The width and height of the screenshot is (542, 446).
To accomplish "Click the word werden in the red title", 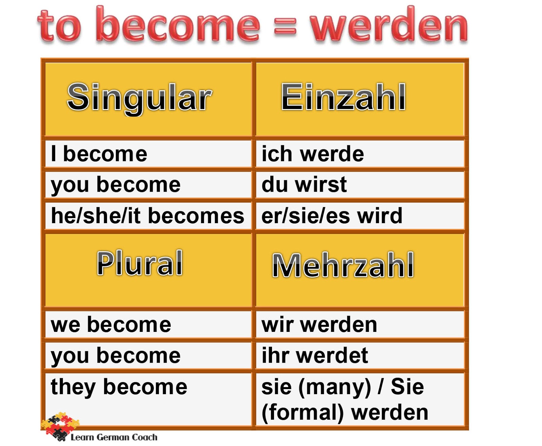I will (389, 25).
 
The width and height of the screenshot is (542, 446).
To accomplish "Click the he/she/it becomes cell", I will (147, 216).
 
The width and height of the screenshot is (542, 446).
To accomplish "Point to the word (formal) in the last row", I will (303, 413).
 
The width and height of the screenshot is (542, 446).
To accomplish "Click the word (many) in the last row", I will (335, 387).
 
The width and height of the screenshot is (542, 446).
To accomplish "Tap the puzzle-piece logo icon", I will (60, 426).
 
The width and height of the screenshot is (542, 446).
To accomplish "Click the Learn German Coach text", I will (114, 437).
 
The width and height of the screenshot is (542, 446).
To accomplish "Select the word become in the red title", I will (178, 25).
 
